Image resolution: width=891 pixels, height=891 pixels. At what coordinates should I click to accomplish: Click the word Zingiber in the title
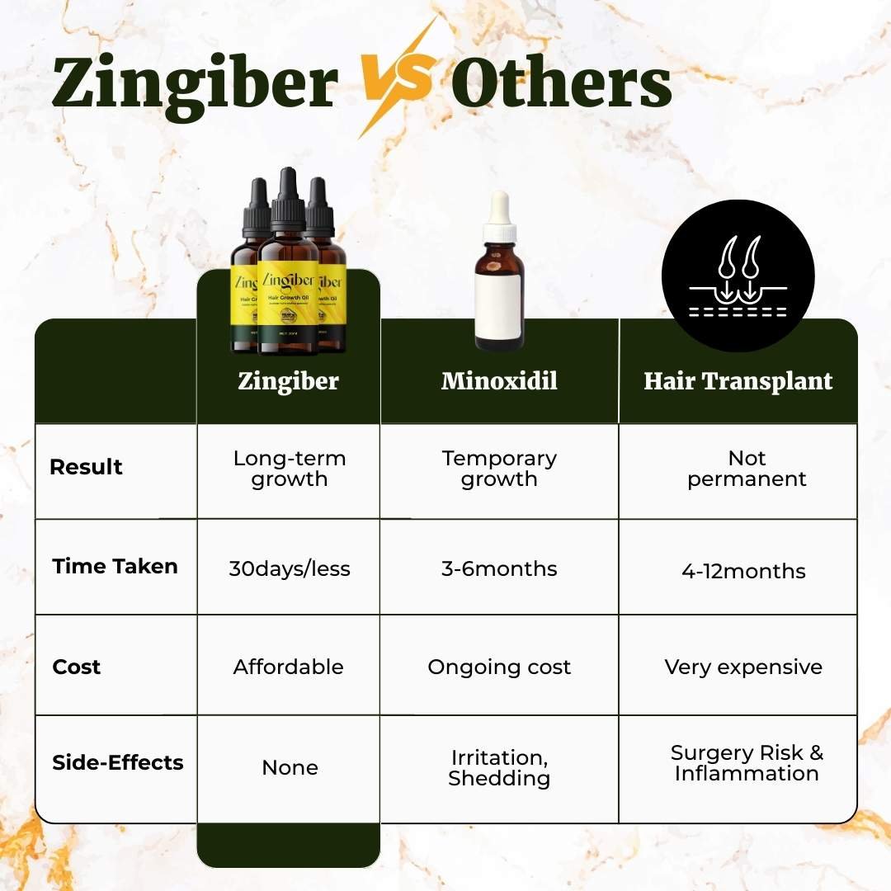pos(195,84)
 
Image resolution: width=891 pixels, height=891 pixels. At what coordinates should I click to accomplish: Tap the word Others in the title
pos(561,84)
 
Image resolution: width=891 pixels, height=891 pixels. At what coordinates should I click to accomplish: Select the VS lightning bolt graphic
pos(397,78)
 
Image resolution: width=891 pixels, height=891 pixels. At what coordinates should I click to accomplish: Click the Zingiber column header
pos(288,381)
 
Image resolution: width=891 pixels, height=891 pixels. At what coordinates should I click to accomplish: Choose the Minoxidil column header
pos(499,381)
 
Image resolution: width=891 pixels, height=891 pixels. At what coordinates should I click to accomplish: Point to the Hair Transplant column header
pos(738,381)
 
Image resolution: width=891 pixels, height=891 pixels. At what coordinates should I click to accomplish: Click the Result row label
pos(86,467)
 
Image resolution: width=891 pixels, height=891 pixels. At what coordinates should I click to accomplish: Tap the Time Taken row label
pos(115,567)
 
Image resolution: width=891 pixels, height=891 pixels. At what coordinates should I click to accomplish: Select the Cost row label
pos(77,667)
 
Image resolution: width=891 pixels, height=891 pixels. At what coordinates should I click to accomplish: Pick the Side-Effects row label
pos(118,762)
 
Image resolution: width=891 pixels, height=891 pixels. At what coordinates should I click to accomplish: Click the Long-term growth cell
pos(289,469)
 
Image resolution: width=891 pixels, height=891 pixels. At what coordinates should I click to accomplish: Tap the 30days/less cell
pos(289,569)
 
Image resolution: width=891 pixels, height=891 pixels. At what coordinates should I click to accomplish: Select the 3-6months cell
pos(499,569)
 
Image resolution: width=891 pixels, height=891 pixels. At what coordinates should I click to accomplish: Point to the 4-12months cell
pos(743,572)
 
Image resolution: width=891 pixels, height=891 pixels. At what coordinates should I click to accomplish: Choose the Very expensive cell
pos(743,667)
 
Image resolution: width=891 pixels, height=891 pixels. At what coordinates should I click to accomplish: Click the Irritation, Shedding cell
pos(499,768)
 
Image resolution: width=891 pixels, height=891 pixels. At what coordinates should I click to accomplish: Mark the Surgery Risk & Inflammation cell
pos(747,763)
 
